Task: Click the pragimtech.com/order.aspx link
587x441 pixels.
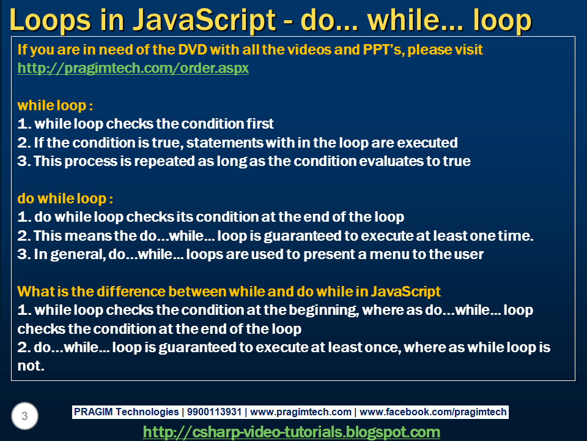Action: [133, 68]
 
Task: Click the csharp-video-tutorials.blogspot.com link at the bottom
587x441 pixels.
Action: [291, 432]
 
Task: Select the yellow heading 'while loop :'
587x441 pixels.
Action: [56, 105]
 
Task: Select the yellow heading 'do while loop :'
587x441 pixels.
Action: [65, 198]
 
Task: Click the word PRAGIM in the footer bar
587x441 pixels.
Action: [93, 412]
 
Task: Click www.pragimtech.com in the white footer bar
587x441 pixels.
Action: [301, 412]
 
